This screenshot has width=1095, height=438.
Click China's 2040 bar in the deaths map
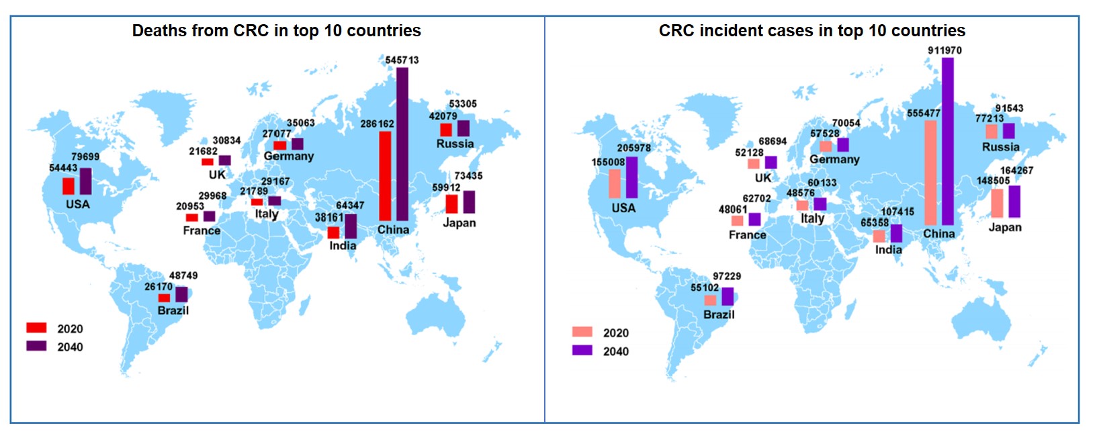[402, 144]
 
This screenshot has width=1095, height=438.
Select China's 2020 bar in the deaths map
[385, 175]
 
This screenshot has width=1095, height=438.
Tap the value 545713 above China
[402, 60]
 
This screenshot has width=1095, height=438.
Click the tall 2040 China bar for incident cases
[948, 141]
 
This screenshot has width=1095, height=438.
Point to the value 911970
[945, 50]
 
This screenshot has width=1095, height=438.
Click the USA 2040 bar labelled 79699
[85, 181]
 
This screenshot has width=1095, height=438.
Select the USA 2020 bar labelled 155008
[615, 183]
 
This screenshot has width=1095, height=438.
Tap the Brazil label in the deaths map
[173, 310]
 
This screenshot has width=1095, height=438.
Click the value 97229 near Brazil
[727, 276]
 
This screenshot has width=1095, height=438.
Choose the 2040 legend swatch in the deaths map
[36, 346]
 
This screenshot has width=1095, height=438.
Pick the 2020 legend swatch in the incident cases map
[582, 332]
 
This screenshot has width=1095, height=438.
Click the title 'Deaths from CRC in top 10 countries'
[276, 31]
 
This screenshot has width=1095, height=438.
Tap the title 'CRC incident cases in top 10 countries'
[812, 31]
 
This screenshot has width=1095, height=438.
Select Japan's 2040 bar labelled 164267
[1014, 202]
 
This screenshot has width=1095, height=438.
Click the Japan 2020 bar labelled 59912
[451, 204]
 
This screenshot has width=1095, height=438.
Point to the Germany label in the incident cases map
[834, 159]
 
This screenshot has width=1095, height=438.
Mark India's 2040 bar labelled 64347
[351, 226]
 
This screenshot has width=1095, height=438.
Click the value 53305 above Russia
[463, 104]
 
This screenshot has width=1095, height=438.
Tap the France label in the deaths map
[202, 230]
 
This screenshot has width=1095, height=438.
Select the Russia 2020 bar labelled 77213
[992, 132]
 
